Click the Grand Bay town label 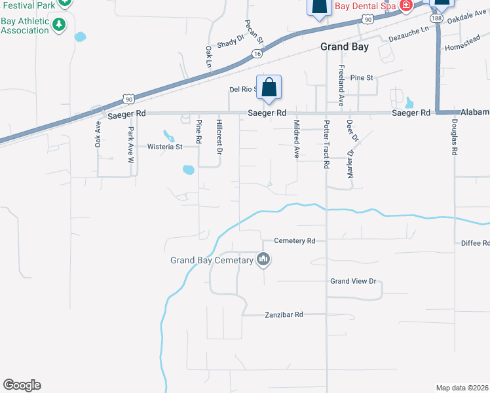(345, 47)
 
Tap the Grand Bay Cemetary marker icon (264, 260)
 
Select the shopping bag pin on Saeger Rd (269, 87)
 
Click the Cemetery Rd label (295, 240)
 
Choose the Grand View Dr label (353, 281)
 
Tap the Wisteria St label (164, 147)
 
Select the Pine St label (361, 77)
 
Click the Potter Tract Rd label (326, 144)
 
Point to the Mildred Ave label (296, 139)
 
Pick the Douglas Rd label (454, 137)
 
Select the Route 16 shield (257, 54)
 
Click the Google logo (22, 385)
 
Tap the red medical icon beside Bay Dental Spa (406, 5)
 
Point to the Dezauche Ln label (408, 33)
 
